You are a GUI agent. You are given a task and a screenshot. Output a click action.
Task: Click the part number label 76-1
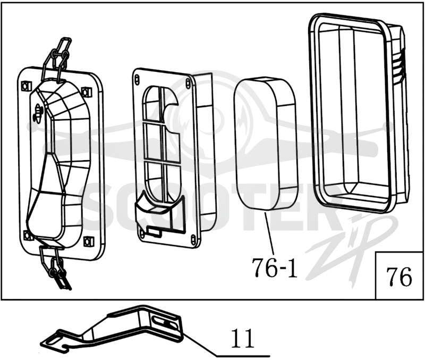[x=274, y=267]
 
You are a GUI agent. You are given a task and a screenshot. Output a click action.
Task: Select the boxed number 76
[x=399, y=277]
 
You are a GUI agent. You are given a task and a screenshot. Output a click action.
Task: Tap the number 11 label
[x=242, y=338]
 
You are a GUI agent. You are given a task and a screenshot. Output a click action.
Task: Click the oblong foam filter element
[x=266, y=143]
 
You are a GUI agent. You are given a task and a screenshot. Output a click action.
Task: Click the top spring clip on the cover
[x=56, y=58]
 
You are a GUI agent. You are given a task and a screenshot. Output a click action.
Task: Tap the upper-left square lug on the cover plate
[x=25, y=86]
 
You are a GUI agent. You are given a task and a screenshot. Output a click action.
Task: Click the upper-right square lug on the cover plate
[x=86, y=92]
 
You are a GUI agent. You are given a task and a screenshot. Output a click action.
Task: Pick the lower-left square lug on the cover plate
[x=28, y=235]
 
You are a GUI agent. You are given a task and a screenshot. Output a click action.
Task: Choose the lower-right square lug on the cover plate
[x=87, y=241]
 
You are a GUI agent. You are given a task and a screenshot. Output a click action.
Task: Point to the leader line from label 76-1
[x=270, y=234]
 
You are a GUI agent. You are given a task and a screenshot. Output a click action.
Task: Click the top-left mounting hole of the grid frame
[x=137, y=79]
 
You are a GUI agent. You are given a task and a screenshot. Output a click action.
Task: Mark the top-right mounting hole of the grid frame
[x=188, y=82]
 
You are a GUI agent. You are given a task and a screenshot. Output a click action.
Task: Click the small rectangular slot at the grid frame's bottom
[x=154, y=231]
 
